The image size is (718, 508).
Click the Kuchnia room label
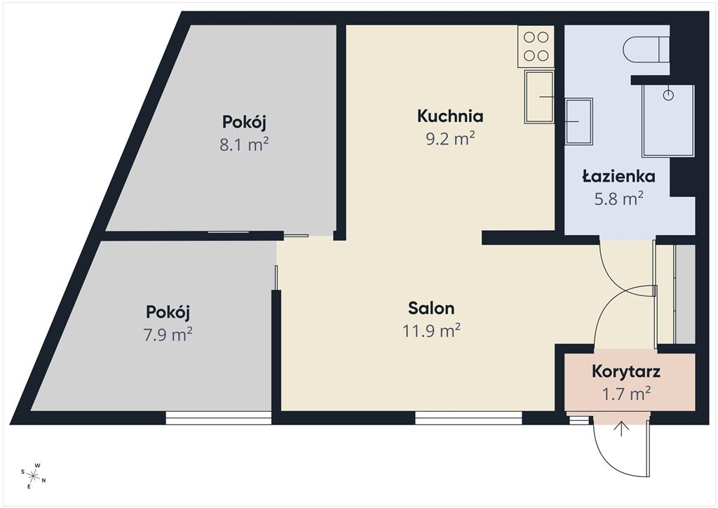450,116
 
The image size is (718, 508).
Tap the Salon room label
431,308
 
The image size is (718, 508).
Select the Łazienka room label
618,176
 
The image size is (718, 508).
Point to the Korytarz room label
626,371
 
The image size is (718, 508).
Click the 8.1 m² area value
244,145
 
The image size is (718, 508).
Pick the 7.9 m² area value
168,335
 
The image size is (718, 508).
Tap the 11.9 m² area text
431,330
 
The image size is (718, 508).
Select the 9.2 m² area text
450,138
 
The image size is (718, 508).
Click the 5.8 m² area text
618,199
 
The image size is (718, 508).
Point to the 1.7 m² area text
626,394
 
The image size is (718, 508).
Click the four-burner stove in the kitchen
536,46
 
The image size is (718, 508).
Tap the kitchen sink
539,97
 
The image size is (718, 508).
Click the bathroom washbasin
579,121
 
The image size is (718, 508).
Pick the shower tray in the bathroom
668,121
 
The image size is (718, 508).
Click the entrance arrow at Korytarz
621,428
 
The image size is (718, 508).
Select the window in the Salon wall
468,417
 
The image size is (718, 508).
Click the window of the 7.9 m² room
219,417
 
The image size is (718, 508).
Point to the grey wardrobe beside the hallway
685,294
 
